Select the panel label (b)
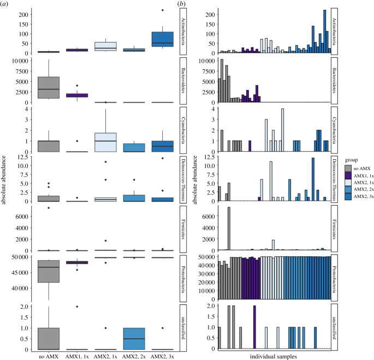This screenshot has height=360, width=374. coord(186,5)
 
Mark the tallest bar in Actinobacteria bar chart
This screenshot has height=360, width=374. coord(325,31)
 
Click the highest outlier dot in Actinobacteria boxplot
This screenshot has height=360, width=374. coord(162,10)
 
